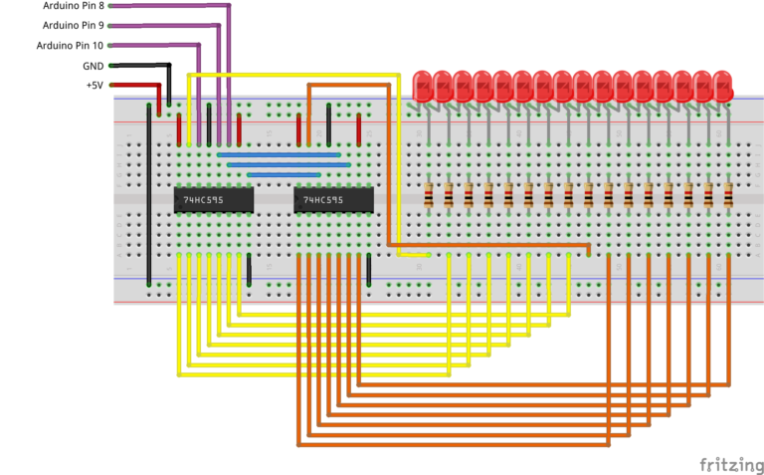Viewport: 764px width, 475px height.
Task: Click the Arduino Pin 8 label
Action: [x=73, y=6]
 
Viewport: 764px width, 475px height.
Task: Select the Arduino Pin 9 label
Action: [x=73, y=25]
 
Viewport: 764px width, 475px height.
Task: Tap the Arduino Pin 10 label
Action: [x=70, y=45]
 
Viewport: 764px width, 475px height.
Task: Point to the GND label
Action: [x=94, y=66]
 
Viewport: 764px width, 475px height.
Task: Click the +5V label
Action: [x=95, y=86]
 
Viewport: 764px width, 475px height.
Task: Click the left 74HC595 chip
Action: [x=213, y=200]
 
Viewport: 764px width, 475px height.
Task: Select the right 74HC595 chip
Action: [x=333, y=200]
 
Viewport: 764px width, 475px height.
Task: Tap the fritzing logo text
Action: [x=729, y=465]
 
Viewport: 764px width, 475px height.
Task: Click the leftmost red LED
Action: [x=421, y=86]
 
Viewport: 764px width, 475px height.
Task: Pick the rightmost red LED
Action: [x=720, y=86]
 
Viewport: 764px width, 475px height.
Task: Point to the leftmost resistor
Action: [x=429, y=195]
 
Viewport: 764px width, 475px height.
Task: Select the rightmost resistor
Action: [x=728, y=195]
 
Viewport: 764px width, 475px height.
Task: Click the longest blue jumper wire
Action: [x=279, y=154]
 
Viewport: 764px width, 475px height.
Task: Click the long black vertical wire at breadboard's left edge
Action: [x=149, y=189]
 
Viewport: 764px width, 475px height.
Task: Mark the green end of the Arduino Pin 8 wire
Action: [x=110, y=5]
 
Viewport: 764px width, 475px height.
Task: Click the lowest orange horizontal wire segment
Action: [x=453, y=443]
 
